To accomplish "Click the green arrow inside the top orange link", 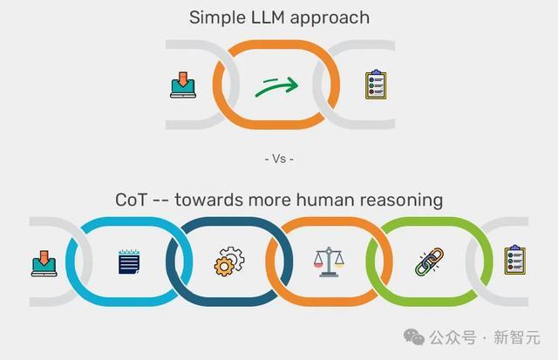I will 277,85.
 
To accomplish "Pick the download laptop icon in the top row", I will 181,85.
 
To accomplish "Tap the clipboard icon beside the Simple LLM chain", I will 376,85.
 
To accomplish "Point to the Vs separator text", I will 279,159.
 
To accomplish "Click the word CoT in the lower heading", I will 133,200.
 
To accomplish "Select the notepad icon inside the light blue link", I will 129,262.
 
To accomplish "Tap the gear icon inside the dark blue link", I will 228,262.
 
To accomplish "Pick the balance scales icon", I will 329,262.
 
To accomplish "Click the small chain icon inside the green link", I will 428,262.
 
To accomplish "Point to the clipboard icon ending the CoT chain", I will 515,261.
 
